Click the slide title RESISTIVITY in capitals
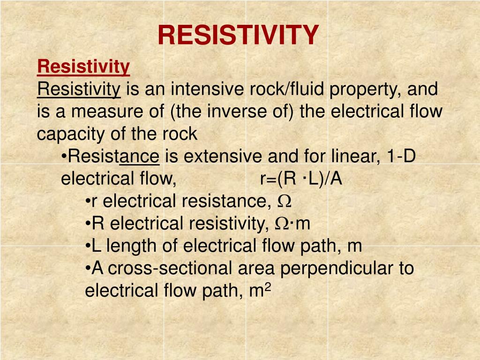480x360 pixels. (x=238, y=35)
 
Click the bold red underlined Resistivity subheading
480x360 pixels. (x=83, y=67)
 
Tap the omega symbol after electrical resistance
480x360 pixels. (x=285, y=202)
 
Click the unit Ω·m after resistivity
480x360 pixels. (x=292, y=224)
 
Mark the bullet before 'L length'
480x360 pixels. (x=88, y=246)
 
